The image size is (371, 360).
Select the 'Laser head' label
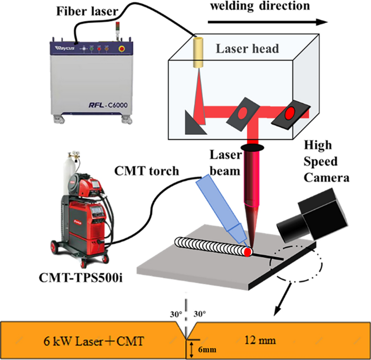point(247,49)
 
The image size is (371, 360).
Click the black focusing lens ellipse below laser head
point(253,147)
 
